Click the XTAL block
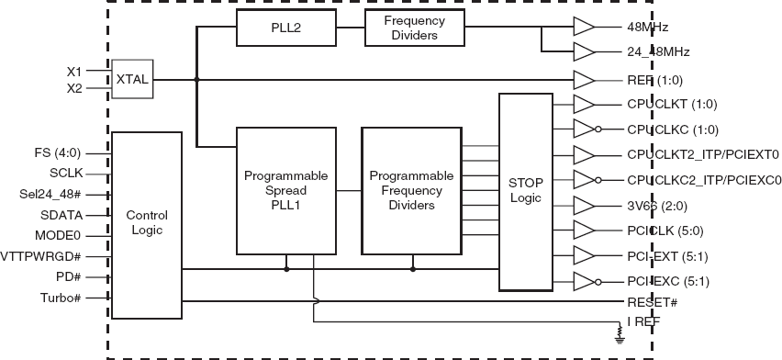(x=132, y=80)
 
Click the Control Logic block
(x=146, y=222)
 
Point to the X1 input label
(x=74, y=71)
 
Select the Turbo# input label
(x=62, y=298)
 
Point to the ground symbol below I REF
(x=620, y=339)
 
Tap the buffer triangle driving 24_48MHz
(x=584, y=51)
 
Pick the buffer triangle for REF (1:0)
(x=584, y=80)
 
